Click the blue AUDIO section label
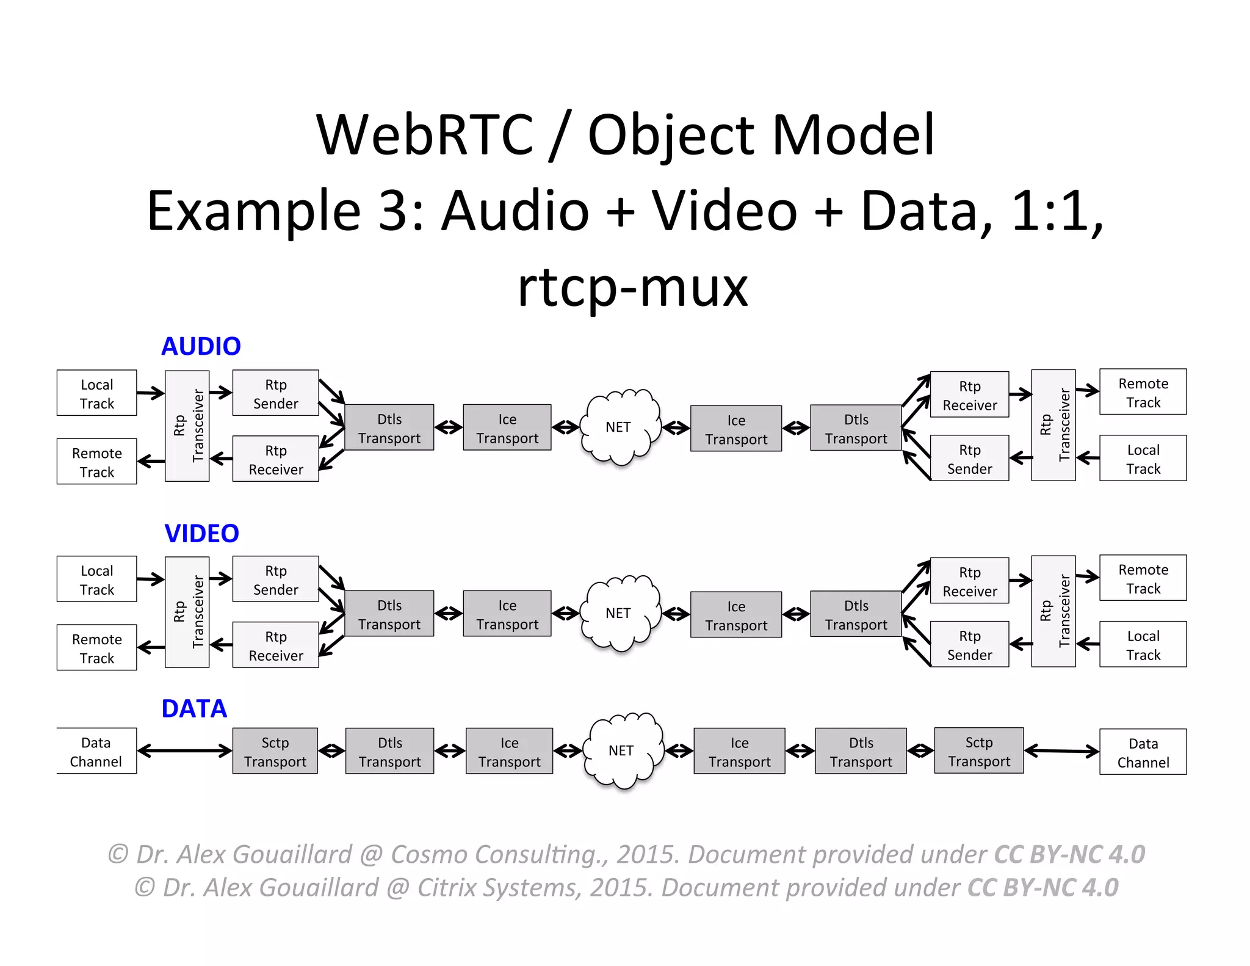201,346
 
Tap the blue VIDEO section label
201,533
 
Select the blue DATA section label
194,708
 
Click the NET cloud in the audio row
619,427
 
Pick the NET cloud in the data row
621,750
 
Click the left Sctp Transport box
275,751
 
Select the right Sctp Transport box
978,751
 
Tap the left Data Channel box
96,751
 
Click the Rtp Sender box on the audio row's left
275,393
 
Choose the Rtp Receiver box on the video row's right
969,581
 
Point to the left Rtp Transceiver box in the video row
187,612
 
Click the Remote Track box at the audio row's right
1143,392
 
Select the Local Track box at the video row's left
96,579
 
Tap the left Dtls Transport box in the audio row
389,427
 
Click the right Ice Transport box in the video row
735,615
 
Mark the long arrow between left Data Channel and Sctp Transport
184,750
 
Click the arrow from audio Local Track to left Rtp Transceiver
150,393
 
